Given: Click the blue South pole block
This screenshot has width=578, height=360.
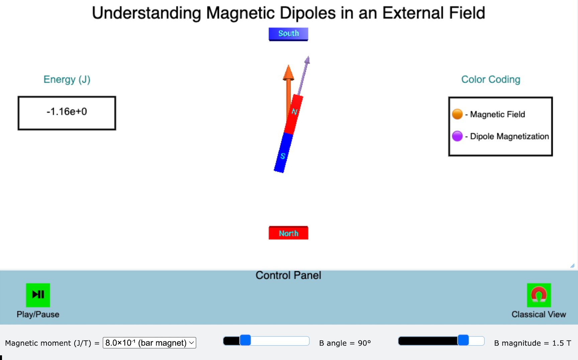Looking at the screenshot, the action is [288, 34].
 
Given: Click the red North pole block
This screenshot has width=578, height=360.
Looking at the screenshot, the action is [288, 233].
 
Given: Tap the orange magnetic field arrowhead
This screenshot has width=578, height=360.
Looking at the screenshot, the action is [288, 73].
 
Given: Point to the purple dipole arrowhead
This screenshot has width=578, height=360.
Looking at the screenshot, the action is [307, 60].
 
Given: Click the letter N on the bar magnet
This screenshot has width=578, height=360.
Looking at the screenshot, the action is [294, 111].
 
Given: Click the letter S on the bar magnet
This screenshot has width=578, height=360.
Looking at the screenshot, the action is [283, 156].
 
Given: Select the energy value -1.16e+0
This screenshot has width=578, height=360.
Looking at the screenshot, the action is [67, 112].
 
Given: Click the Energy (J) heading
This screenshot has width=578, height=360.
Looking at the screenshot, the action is [67, 80].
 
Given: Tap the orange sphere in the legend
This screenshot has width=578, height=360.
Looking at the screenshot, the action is [457, 114].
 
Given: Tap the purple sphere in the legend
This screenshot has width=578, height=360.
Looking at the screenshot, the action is [457, 136].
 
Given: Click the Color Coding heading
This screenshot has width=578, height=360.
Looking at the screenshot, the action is [491, 80].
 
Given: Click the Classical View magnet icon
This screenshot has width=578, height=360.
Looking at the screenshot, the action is [539, 295].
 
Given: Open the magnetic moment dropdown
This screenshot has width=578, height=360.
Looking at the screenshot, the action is [149, 343].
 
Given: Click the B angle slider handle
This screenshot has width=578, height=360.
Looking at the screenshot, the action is [245, 341].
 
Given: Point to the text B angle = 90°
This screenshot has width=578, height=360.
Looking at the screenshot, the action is [345, 343].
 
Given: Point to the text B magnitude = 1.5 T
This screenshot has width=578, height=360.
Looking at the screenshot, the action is [533, 343].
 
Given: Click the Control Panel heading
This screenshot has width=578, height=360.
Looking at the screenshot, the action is [288, 275].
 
